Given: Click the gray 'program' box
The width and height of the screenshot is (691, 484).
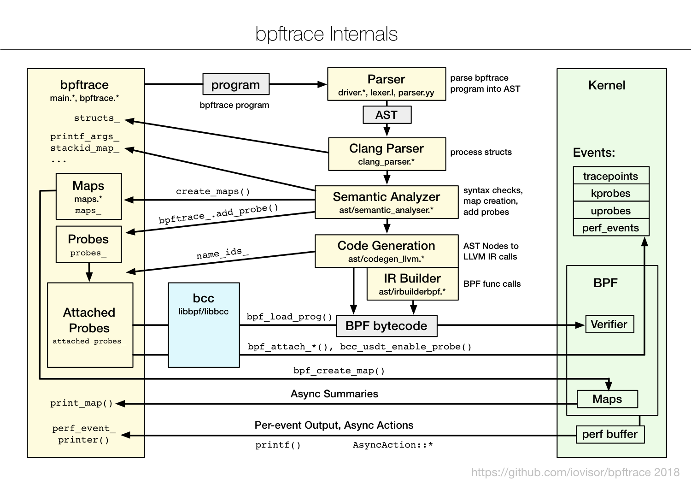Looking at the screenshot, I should click(236, 85).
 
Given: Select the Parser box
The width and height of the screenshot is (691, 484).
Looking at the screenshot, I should click(386, 84).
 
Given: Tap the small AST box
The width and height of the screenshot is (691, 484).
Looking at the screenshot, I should click(386, 115).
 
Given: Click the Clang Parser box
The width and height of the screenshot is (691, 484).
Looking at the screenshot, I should click(386, 154).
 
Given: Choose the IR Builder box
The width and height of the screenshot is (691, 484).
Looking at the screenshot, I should click(412, 284).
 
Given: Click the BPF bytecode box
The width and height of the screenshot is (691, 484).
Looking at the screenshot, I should click(386, 326).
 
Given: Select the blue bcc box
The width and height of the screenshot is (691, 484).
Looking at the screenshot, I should click(204, 325).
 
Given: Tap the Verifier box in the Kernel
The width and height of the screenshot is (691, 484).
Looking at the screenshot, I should click(609, 324).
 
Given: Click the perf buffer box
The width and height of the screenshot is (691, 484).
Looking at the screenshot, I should click(609, 434).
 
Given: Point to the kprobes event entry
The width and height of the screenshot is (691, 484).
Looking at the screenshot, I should click(610, 193).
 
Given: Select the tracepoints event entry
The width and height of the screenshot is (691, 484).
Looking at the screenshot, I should click(610, 176).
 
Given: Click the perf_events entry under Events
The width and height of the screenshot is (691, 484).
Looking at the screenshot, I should click(610, 228).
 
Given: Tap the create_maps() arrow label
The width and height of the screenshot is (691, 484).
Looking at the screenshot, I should click(213, 191).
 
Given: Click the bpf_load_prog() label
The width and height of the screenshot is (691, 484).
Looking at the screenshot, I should click(289, 317).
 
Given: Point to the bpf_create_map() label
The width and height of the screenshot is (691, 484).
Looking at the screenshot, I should click(339, 371).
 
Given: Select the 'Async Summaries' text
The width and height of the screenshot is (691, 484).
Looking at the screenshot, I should click(334, 394).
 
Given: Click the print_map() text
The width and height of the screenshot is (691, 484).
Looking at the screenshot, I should click(82, 403).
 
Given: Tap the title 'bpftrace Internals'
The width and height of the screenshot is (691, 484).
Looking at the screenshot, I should click(326, 34).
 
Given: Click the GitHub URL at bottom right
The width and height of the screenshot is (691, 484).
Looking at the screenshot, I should click(575, 472).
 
